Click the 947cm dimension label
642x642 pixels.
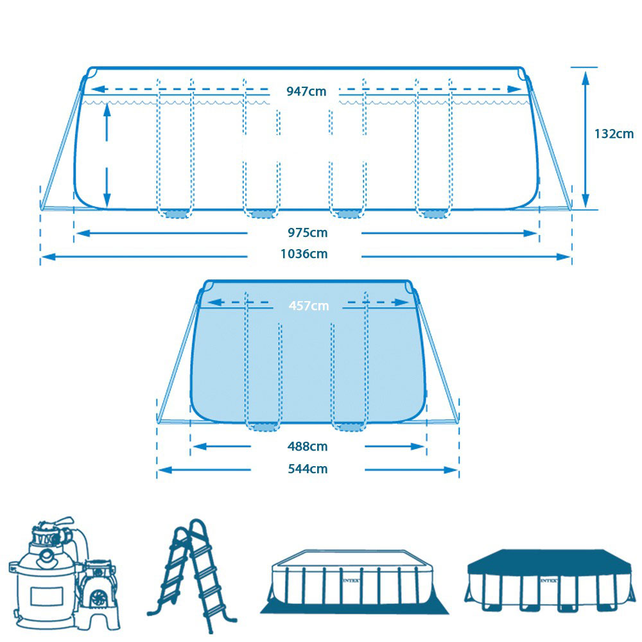[x=306, y=91]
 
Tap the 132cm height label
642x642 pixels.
[x=614, y=134]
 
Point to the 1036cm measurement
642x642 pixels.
[x=304, y=254]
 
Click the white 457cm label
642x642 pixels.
[x=308, y=306]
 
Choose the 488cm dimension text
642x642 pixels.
[x=308, y=446]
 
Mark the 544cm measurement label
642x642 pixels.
[x=308, y=469]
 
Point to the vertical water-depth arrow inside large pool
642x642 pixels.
[x=107, y=153]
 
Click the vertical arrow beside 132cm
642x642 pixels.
[x=585, y=138]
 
